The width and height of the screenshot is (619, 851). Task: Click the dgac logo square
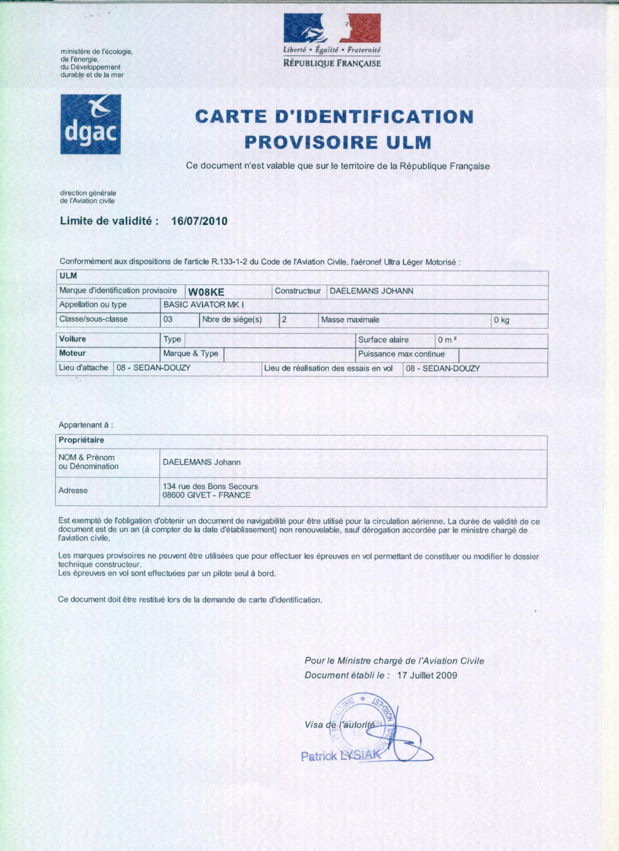coord(90,124)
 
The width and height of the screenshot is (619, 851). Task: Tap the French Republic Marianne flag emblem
coord(332,28)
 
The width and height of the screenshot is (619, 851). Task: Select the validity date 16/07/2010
coord(200,221)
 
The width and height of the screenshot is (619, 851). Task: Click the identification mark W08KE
coord(206,292)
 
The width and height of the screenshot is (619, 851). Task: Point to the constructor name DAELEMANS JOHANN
coord(371,291)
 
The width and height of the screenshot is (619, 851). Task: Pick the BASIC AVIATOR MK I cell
coord(204,305)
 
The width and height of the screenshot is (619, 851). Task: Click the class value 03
coord(168,319)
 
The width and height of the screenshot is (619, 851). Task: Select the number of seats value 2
coord(284,320)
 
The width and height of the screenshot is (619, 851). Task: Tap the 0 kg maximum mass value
coord(502,320)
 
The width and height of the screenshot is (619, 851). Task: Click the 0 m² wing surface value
coord(447,340)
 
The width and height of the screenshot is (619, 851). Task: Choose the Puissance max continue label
coord(402,354)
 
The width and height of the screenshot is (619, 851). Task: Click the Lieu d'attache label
coord(84,368)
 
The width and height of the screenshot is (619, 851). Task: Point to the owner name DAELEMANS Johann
coord(201,462)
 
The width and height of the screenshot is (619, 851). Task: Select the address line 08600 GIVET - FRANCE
coord(207,496)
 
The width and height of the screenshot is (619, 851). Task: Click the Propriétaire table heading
coord(82,440)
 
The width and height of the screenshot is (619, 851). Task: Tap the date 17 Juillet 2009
coord(427,675)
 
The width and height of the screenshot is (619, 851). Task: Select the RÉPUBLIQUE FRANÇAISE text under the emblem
coord(332,63)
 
